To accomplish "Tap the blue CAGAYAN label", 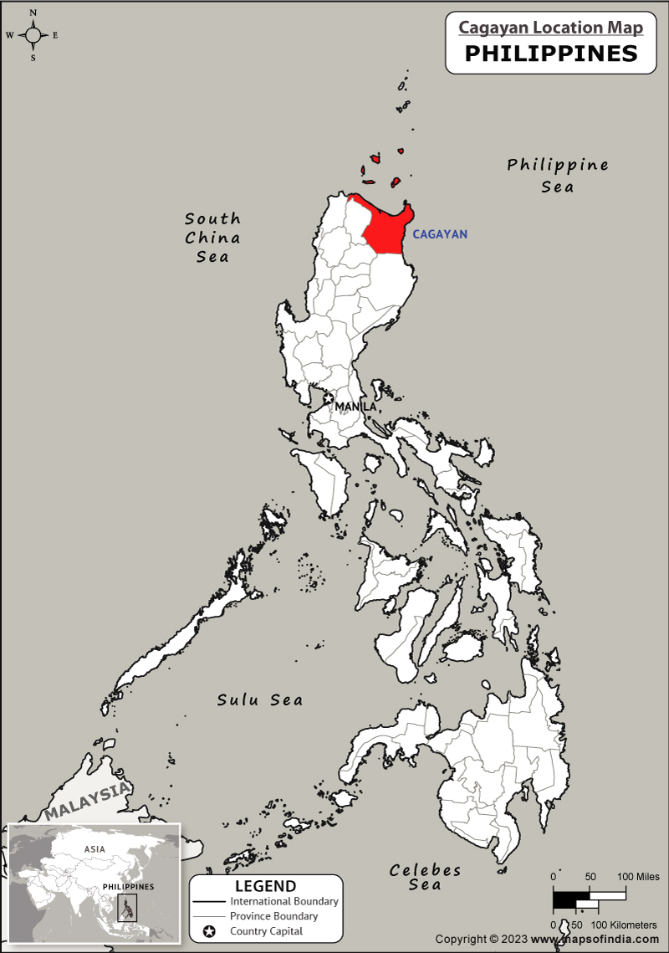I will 440,234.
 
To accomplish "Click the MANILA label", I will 355,407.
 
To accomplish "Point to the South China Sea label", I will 212,238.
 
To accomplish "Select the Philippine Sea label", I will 558,175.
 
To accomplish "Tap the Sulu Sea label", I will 260,699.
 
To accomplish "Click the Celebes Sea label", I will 425,877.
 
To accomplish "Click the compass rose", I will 33,35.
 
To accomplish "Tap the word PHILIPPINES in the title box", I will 550,54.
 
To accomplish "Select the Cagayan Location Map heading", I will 550,28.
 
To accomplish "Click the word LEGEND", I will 265,886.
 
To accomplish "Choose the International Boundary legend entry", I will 283,901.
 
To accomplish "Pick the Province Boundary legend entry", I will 273,916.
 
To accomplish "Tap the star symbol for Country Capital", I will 209,931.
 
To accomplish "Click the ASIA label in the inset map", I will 94,849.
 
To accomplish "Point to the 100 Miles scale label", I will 639,877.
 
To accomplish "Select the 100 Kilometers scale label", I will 624,925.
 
